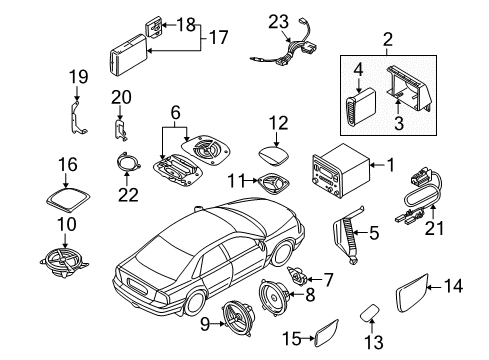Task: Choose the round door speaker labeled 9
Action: click(x=241, y=324)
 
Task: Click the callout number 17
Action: click(x=217, y=37)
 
